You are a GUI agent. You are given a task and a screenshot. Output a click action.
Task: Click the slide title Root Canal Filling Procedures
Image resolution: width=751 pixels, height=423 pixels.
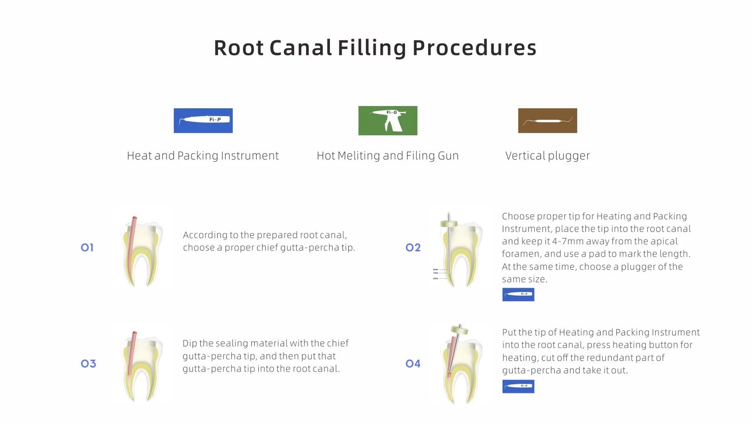pyautogui.click(x=375, y=48)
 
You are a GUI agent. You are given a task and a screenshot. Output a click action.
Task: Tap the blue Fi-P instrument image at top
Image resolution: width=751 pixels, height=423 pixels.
pyautogui.click(x=203, y=121)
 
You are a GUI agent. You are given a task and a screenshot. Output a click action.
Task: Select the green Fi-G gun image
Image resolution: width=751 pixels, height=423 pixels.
pyautogui.click(x=388, y=121)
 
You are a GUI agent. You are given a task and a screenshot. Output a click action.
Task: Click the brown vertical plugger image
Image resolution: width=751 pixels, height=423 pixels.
pyautogui.click(x=547, y=121)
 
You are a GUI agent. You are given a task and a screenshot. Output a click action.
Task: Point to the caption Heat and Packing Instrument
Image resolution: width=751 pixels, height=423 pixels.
pyautogui.click(x=203, y=156)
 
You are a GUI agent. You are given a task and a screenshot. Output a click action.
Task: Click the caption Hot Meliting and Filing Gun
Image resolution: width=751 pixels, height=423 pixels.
pyautogui.click(x=388, y=156)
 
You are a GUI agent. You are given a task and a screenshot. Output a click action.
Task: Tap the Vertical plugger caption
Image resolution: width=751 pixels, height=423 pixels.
pyautogui.click(x=547, y=156)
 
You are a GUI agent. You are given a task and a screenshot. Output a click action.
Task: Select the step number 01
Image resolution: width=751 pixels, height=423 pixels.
pyautogui.click(x=87, y=248)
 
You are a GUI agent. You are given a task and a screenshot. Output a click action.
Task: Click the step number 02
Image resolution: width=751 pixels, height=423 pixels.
pyautogui.click(x=413, y=248)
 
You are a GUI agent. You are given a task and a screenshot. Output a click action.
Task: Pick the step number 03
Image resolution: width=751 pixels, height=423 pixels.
pyautogui.click(x=88, y=363)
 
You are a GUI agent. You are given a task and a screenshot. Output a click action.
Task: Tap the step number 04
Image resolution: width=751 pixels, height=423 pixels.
pyautogui.click(x=413, y=363)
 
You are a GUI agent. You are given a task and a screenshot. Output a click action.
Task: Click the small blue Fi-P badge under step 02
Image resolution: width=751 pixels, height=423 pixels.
pyautogui.click(x=518, y=295)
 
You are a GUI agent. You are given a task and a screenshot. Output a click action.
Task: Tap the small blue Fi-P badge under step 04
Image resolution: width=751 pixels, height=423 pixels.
pyautogui.click(x=518, y=386)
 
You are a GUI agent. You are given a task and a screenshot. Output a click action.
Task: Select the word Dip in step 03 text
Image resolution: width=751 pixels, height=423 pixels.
pyautogui.click(x=190, y=344)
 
